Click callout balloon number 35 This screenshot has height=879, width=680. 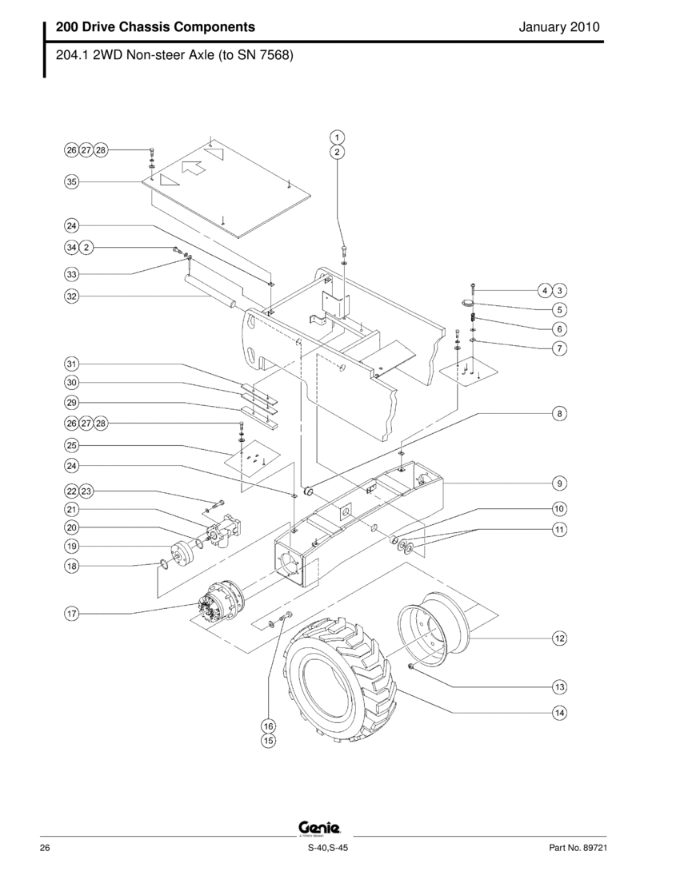coord(72,181)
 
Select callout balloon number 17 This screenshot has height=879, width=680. coord(72,614)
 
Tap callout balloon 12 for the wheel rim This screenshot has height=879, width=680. coord(559,638)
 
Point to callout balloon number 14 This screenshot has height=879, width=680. coord(559,713)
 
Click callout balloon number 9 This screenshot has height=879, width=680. coord(559,483)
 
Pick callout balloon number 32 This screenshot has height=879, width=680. coord(72,296)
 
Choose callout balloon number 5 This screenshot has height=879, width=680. coord(559,309)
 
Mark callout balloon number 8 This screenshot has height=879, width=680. coord(559,414)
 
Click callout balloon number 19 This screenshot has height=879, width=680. coord(72,546)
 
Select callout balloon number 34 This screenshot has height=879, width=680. coord(72,247)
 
